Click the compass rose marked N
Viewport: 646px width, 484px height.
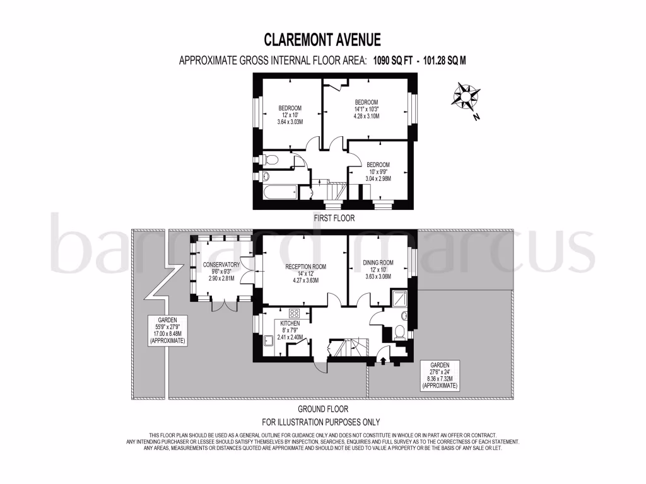[468, 97]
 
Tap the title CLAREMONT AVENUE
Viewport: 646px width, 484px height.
[322, 40]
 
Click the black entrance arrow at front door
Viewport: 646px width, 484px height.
[382, 360]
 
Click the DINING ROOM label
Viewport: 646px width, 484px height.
[378, 263]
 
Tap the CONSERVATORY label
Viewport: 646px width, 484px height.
[218, 265]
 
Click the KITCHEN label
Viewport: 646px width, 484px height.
[290, 323]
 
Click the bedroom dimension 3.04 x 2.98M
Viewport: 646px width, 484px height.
[378, 179]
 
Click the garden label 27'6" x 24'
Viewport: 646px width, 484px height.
[440, 372]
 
